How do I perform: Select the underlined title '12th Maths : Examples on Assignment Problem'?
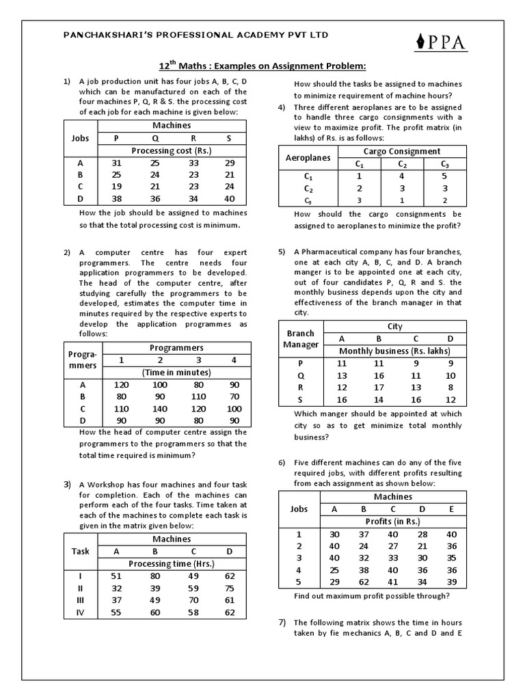[262, 66]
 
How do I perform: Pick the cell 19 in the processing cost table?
[116, 187]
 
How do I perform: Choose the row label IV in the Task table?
[81, 613]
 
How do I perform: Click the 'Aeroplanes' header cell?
[307, 158]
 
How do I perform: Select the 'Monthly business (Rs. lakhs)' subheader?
[395, 351]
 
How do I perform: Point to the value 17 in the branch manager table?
[379, 388]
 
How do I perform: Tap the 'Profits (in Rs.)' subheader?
[392, 521]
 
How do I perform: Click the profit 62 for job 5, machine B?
[364, 583]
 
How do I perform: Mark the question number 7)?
[282, 623]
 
